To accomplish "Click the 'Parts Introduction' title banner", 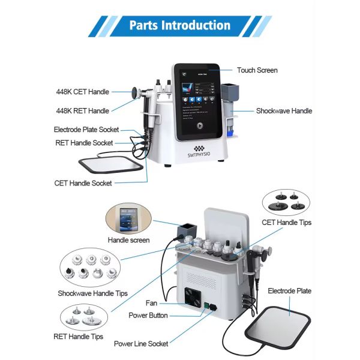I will coord(179,25).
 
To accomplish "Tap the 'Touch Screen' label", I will coord(257,70).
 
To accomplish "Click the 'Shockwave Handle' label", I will coord(284,110).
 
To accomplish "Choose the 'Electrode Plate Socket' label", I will coord(86,130).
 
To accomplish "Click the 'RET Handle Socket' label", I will coord(84,143).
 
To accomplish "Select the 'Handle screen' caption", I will coord(128,240).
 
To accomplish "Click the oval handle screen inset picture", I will coord(129,218).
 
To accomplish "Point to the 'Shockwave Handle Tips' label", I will coord(92,293).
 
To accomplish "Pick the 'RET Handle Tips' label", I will coord(85,337).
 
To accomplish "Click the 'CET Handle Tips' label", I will coord(286,223).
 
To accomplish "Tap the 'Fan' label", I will coord(151,304).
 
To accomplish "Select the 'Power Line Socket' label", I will coord(141,344).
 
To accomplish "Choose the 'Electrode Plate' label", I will coord(289,291).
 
